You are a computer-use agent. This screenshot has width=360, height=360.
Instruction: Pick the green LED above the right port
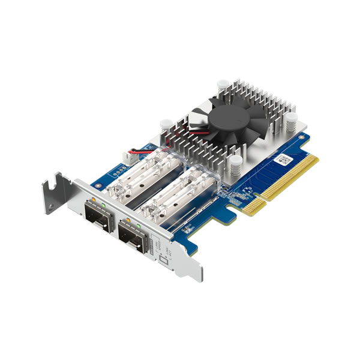tap(139, 226)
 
